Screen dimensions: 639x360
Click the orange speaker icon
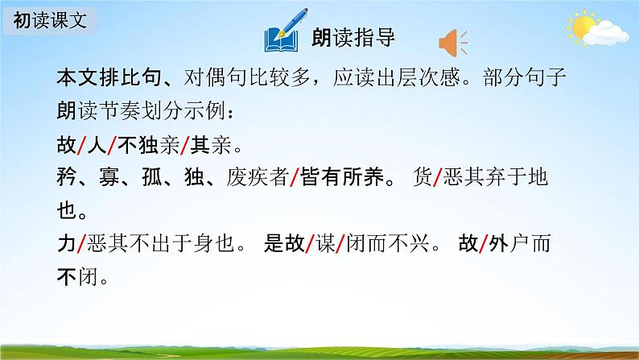(x=453, y=43)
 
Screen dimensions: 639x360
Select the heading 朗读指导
(x=353, y=38)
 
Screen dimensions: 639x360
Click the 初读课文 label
(x=50, y=20)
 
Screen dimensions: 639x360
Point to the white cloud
(x=606, y=33)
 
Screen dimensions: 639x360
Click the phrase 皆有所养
(x=342, y=177)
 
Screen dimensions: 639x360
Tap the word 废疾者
(x=258, y=177)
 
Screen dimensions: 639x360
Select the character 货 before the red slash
(x=423, y=177)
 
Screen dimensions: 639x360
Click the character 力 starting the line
(x=67, y=243)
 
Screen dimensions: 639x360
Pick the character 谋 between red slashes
(x=325, y=243)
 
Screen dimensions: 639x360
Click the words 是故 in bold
(x=284, y=243)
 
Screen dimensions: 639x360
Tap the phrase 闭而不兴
(x=388, y=243)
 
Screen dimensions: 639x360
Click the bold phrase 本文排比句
(x=109, y=77)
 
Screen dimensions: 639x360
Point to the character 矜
(x=67, y=177)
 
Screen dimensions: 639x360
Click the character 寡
(x=109, y=177)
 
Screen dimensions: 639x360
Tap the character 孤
(x=151, y=177)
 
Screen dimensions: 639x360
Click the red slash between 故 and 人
(x=81, y=146)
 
